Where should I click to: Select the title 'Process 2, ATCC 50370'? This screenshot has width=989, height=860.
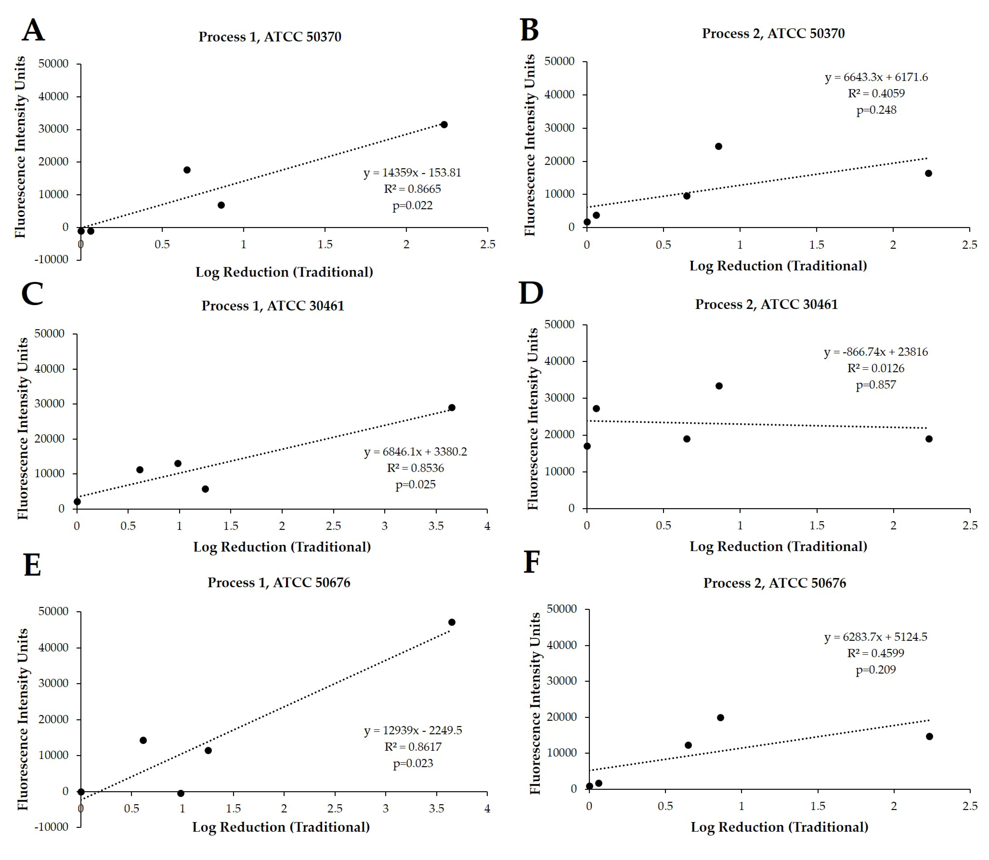[773, 34]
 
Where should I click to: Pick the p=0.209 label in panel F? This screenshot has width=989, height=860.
[876, 670]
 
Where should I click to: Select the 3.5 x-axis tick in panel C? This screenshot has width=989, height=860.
[436, 526]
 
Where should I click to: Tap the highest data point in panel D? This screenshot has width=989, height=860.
[718, 386]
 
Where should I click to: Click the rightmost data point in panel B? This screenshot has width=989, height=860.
[928, 173]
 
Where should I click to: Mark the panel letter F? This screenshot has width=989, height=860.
[531, 562]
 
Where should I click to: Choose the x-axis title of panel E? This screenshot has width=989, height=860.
[281, 827]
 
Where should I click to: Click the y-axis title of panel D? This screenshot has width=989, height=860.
[532, 419]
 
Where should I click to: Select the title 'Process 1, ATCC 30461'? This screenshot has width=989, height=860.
[273, 306]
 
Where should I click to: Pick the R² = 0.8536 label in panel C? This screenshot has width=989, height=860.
[415, 468]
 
